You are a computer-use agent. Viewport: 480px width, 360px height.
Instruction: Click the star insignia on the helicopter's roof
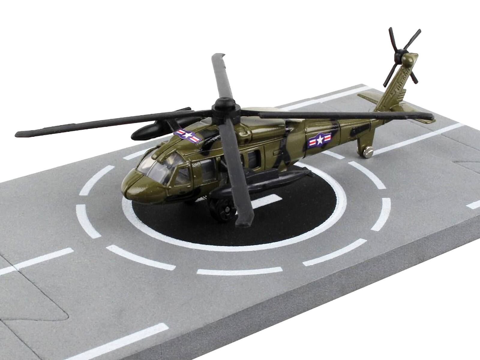pyautogui.click(x=188, y=136)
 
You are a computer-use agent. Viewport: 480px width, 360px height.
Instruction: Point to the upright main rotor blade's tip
pyautogui.click(x=218, y=56)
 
